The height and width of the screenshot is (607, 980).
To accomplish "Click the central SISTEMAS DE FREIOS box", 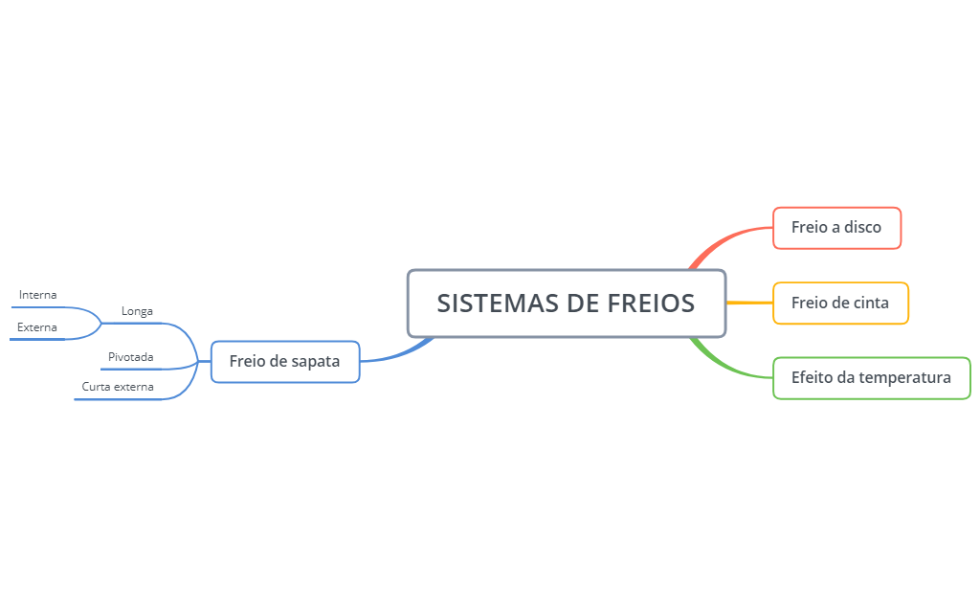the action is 567,303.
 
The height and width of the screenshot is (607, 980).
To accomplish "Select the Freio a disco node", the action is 836,228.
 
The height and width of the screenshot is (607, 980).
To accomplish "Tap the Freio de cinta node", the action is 840,303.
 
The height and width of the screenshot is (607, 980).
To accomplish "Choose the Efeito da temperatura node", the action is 872,378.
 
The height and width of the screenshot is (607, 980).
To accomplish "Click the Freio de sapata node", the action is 285,361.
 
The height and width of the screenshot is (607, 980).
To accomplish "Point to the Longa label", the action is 137,311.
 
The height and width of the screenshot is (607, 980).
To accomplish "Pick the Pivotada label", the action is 130,357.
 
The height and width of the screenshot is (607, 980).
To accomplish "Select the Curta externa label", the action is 118,387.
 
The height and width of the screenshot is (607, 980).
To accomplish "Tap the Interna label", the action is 37,295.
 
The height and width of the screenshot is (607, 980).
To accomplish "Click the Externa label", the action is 37,327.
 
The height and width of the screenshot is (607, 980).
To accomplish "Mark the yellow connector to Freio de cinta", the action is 749,303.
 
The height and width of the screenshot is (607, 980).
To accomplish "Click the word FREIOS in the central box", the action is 651,303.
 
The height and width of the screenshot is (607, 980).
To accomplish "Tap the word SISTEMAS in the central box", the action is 498,303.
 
